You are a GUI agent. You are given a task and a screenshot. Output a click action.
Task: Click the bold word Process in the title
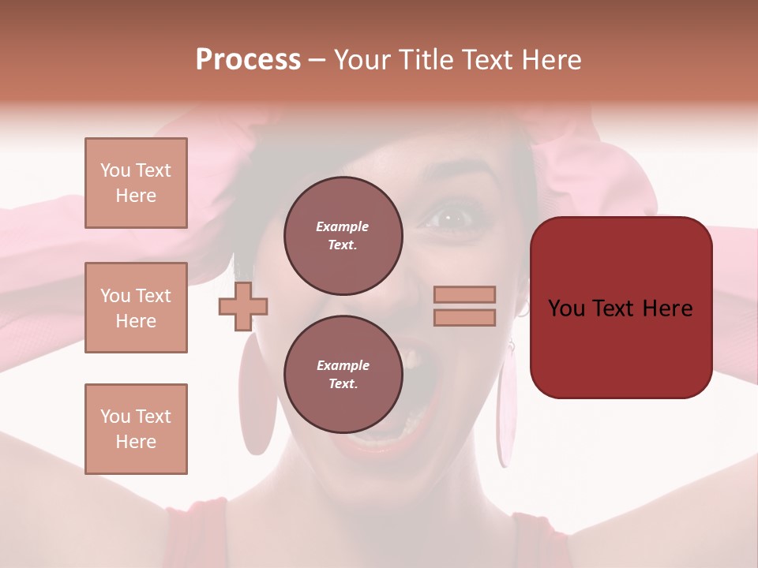[x=248, y=60]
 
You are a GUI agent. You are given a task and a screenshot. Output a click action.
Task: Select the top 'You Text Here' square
[x=136, y=183]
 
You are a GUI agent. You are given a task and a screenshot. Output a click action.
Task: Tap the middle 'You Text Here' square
[x=136, y=308]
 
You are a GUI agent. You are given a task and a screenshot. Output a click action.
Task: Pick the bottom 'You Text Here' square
[x=136, y=429]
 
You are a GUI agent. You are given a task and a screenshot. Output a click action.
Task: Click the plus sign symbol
[x=243, y=306]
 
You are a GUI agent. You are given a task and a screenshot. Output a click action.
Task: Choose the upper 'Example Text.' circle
[x=343, y=235]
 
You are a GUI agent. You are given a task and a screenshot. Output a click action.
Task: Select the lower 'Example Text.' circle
[x=343, y=374]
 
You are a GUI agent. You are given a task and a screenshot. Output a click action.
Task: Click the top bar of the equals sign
[x=464, y=295]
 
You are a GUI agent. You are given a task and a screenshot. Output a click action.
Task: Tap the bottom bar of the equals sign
[x=464, y=317]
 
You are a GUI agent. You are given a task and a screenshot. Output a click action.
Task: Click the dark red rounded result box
[x=621, y=308]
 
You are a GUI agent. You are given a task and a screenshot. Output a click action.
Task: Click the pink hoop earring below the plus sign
[x=257, y=394]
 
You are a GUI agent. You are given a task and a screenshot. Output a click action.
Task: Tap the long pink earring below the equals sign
[x=505, y=410]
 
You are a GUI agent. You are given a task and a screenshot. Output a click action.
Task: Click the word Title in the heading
[x=426, y=60]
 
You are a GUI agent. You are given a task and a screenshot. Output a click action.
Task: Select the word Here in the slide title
[x=551, y=60]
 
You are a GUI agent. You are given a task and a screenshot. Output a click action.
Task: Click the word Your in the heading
[x=364, y=60]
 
